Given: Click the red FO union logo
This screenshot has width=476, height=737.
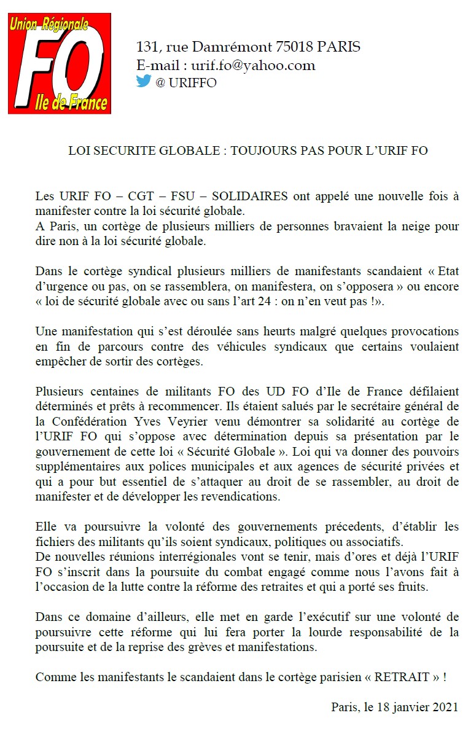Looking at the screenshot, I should [59, 64].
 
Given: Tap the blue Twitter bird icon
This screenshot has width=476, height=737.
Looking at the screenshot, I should [143, 81].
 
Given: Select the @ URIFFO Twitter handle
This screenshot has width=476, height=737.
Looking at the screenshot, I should [186, 83].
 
